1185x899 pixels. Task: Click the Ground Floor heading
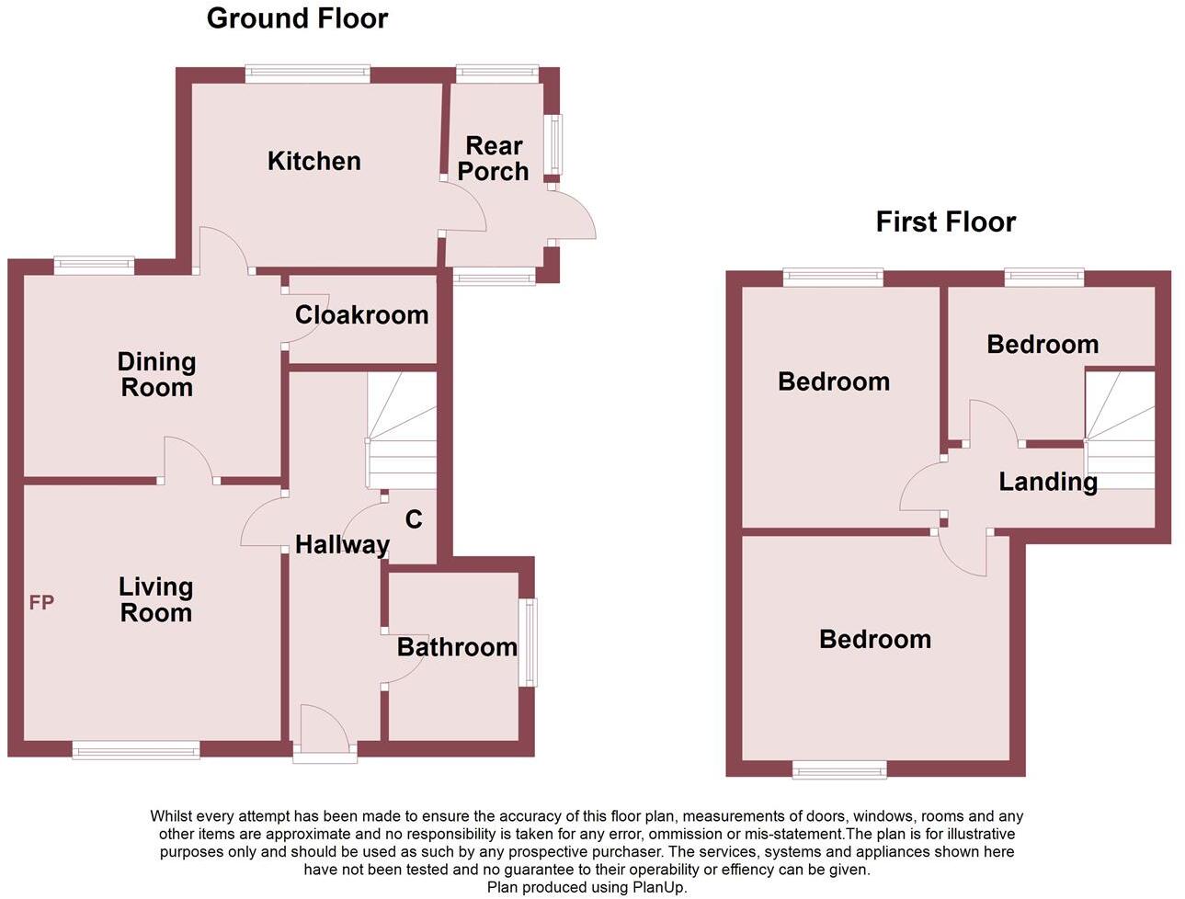[x=297, y=18]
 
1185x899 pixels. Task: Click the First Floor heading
[x=945, y=222]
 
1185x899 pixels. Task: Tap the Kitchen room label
[x=313, y=161]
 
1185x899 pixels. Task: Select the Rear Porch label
[x=494, y=158]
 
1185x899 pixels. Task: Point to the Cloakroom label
[x=361, y=314]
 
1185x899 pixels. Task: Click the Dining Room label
[x=156, y=374]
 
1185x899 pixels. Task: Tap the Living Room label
[x=155, y=599]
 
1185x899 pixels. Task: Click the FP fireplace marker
[x=41, y=603]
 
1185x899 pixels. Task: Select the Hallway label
[x=342, y=545]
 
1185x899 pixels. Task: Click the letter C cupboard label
[x=414, y=519]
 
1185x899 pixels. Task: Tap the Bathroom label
[x=457, y=647]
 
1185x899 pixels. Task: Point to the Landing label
[x=1048, y=482]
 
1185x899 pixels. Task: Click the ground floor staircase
[x=402, y=431]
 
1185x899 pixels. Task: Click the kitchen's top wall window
[x=307, y=74]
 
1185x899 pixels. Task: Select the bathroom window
[x=528, y=643]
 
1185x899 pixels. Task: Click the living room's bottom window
[x=136, y=750]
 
